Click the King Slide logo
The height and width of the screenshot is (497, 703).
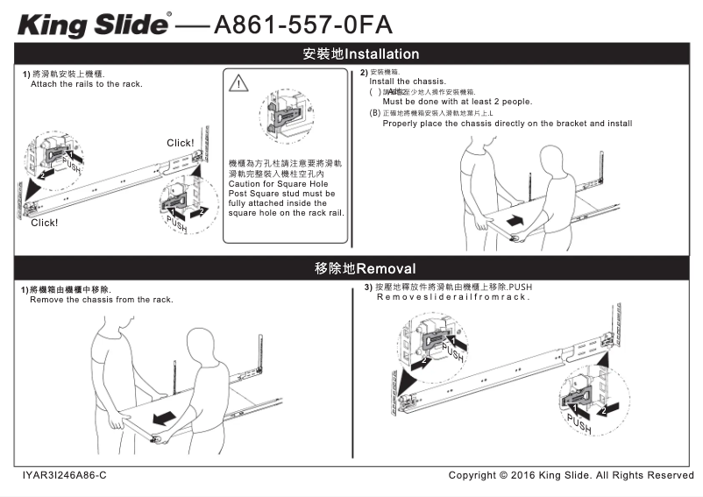pyautogui.click(x=93, y=24)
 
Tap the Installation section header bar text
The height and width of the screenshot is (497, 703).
pyautogui.click(x=360, y=53)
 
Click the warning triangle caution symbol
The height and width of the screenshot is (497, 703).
pyautogui.click(x=238, y=84)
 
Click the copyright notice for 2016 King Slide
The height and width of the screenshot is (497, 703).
pyautogui.click(x=571, y=475)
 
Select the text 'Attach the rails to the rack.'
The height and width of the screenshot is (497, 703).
pyautogui.click(x=86, y=84)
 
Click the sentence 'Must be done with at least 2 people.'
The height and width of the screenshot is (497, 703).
pyautogui.click(x=457, y=102)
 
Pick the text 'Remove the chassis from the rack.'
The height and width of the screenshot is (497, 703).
pyautogui.click(x=101, y=300)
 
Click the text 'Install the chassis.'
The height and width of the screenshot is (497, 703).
pyautogui.click(x=408, y=82)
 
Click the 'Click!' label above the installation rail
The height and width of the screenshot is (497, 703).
pyautogui.click(x=180, y=143)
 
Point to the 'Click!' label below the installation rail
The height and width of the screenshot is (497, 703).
pyautogui.click(x=44, y=223)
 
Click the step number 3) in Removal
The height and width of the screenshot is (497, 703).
pyautogui.click(x=368, y=288)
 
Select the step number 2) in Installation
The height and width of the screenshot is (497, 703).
pyautogui.click(x=365, y=72)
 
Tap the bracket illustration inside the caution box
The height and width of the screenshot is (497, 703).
pyautogui.click(x=285, y=112)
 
